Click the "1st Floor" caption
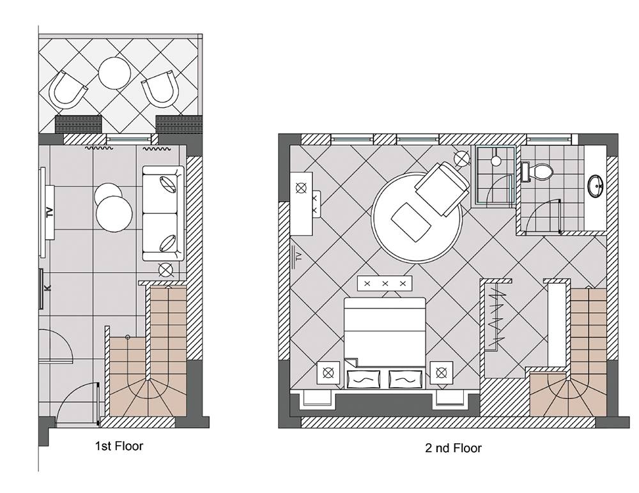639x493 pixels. pos(119,446)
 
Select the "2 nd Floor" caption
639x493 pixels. pos(453,448)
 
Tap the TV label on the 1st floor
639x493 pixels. pos(50,212)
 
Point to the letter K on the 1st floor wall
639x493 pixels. pos(48,288)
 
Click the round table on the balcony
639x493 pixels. pos(115,73)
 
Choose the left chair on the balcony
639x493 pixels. pos(66,89)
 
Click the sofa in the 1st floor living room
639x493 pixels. pos(163,213)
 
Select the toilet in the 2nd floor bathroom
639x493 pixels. pos(537,172)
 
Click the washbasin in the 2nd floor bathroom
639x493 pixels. pos(596,186)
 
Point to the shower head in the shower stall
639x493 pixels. pos(496,160)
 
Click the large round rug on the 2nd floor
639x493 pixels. pos(417,218)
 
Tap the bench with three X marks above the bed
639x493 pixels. pos(385,284)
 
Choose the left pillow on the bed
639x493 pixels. pos(363,379)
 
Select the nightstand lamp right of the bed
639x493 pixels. pos(441,372)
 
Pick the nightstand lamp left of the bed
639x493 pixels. pos(328,372)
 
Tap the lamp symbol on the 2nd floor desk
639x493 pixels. pos(301,188)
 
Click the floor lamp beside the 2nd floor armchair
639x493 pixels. pos(461,157)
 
